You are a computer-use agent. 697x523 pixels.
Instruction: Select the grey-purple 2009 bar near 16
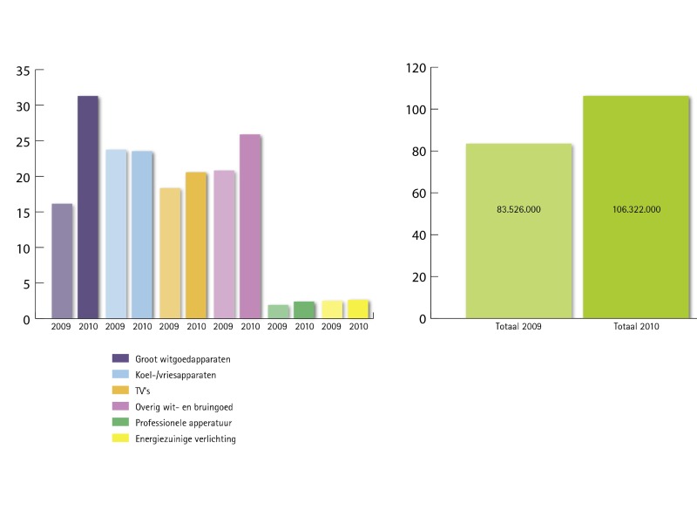[62, 261]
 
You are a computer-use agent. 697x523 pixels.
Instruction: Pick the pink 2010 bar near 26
[249, 226]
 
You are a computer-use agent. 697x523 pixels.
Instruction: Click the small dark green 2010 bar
[303, 309]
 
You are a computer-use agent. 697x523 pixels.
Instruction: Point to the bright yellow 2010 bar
[357, 309]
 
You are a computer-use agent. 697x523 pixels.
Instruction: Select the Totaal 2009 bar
[518, 261]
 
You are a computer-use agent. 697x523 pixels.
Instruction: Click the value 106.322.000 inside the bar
[637, 209]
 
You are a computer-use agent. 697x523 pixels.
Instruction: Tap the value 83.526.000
[519, 209]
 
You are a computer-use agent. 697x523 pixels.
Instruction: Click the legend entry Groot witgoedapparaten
[182, 358]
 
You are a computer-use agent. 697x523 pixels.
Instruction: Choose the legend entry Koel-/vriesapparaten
[175, 374]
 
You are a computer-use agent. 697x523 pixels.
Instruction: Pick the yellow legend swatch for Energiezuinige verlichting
[121, 438]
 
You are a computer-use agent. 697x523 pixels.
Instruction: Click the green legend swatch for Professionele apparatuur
[121, 423]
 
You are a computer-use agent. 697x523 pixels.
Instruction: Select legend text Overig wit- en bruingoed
[183, 406]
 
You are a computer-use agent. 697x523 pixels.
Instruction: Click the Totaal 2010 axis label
[637, 327]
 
